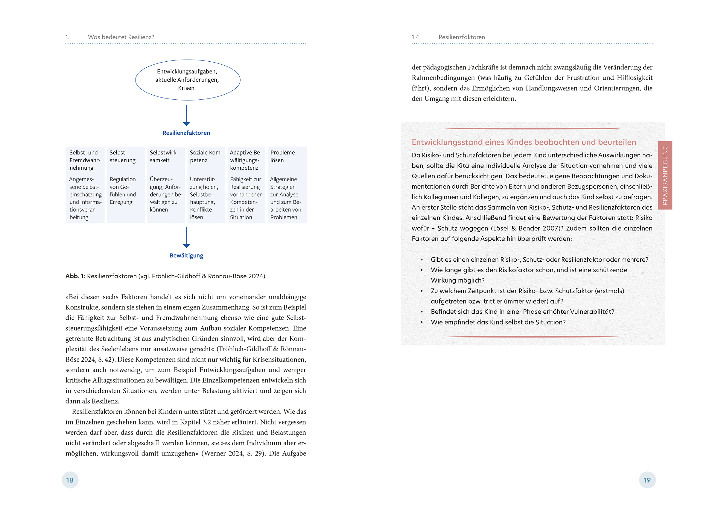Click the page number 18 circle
(70, 480)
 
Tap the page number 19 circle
(647, 480)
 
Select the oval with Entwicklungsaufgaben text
(187, 80)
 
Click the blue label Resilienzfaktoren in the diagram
(186, 133)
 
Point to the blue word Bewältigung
(186, 255)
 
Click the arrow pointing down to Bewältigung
(186, 238)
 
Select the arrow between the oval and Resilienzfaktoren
(186, 116)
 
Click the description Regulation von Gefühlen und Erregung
(123, 190)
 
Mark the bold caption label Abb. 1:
(75, 276)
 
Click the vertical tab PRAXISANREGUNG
(665, 175)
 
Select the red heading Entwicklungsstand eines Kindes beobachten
(524, 142)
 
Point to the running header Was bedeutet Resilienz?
(121, 37)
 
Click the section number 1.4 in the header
(415, 37)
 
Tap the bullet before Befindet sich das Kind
(422, 312)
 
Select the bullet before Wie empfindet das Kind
(422, 322)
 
